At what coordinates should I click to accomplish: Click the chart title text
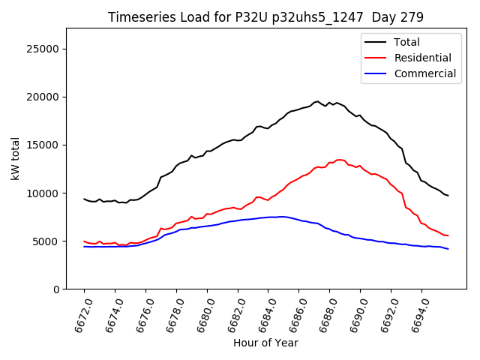tap(265, 17)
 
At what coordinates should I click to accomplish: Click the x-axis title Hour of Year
tap(265, 343)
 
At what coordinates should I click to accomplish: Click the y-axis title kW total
tap(15, 159)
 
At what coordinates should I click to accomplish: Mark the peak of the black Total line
tap(317, 101)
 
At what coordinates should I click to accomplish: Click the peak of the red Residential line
tap(339, 160)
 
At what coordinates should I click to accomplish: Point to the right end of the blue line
tap(448, 248)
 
